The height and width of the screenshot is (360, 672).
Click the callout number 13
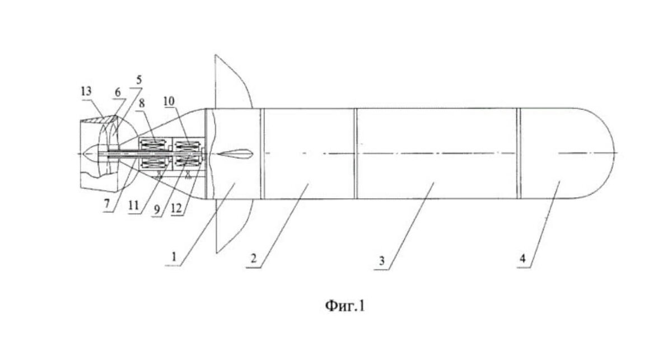point(87,91)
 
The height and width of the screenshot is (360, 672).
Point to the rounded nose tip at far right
point(613,153)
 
